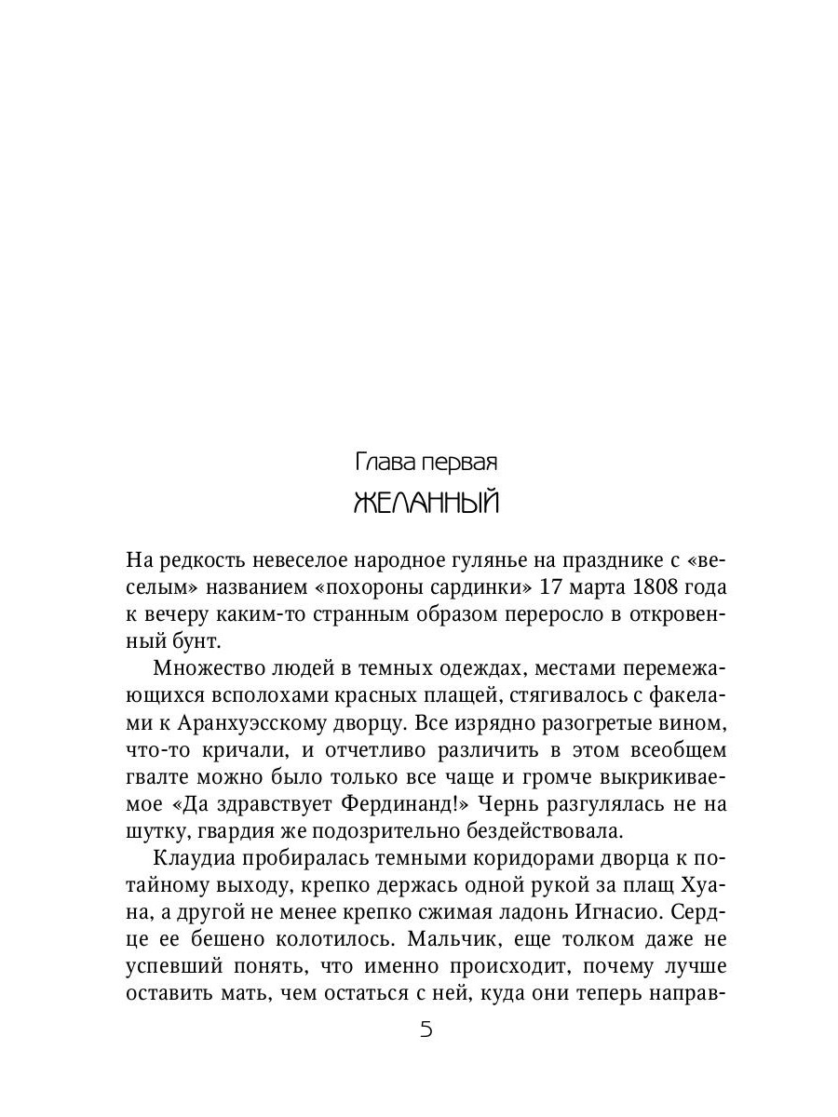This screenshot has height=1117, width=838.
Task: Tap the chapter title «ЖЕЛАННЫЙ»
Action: coord(427,504)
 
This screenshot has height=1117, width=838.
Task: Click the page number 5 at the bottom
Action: coord(426,1030)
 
